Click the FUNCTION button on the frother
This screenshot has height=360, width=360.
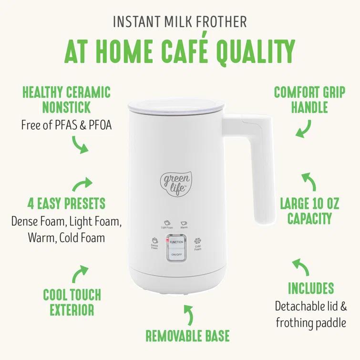(x=176, y=242)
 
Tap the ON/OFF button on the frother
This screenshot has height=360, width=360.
(x=176, y=255)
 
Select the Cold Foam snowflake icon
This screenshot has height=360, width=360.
(x=197, y=241)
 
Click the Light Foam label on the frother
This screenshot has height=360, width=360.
(x=167, y=227)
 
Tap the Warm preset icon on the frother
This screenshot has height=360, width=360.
(x=184, y=223)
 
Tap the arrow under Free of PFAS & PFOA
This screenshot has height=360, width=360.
(x=80, y=144)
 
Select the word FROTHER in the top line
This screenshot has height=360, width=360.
(x=217, y=21)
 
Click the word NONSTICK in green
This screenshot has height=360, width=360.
(x=66, y=107)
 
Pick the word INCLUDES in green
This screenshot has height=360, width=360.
(x=310, y=288)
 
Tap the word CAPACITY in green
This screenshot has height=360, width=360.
(x=309, y=219)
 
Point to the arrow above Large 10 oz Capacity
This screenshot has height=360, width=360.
(x=308, y=182)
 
